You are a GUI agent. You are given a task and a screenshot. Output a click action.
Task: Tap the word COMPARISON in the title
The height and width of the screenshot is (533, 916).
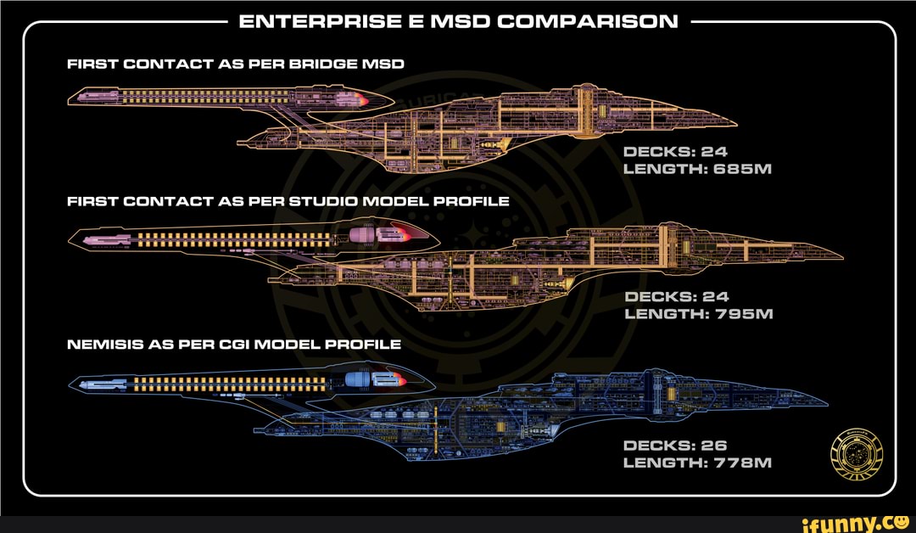pos(588,21)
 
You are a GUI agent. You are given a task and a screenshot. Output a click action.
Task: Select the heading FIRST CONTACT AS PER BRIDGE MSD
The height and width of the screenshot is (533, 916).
pos(235,64)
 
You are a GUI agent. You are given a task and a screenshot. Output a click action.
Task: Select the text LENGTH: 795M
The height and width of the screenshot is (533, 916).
pos(697,314)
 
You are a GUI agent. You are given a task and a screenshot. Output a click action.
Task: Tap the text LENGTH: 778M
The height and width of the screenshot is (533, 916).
pos(697,463)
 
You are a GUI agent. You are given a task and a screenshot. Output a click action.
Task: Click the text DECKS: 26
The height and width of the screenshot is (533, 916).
pos(674,445)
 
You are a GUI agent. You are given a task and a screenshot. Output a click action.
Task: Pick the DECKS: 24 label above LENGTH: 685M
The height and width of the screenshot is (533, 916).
pos(675,153)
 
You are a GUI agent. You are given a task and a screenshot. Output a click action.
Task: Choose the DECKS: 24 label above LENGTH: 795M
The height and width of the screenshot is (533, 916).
pos(675,297)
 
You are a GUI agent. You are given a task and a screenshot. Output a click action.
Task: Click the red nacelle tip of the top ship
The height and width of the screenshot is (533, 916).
pos(363,100)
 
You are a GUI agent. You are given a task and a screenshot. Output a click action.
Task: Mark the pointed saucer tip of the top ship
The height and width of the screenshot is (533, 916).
pos(734,125)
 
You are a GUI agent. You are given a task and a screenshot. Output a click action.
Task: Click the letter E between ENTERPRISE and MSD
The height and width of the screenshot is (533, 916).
pos(416,21)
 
